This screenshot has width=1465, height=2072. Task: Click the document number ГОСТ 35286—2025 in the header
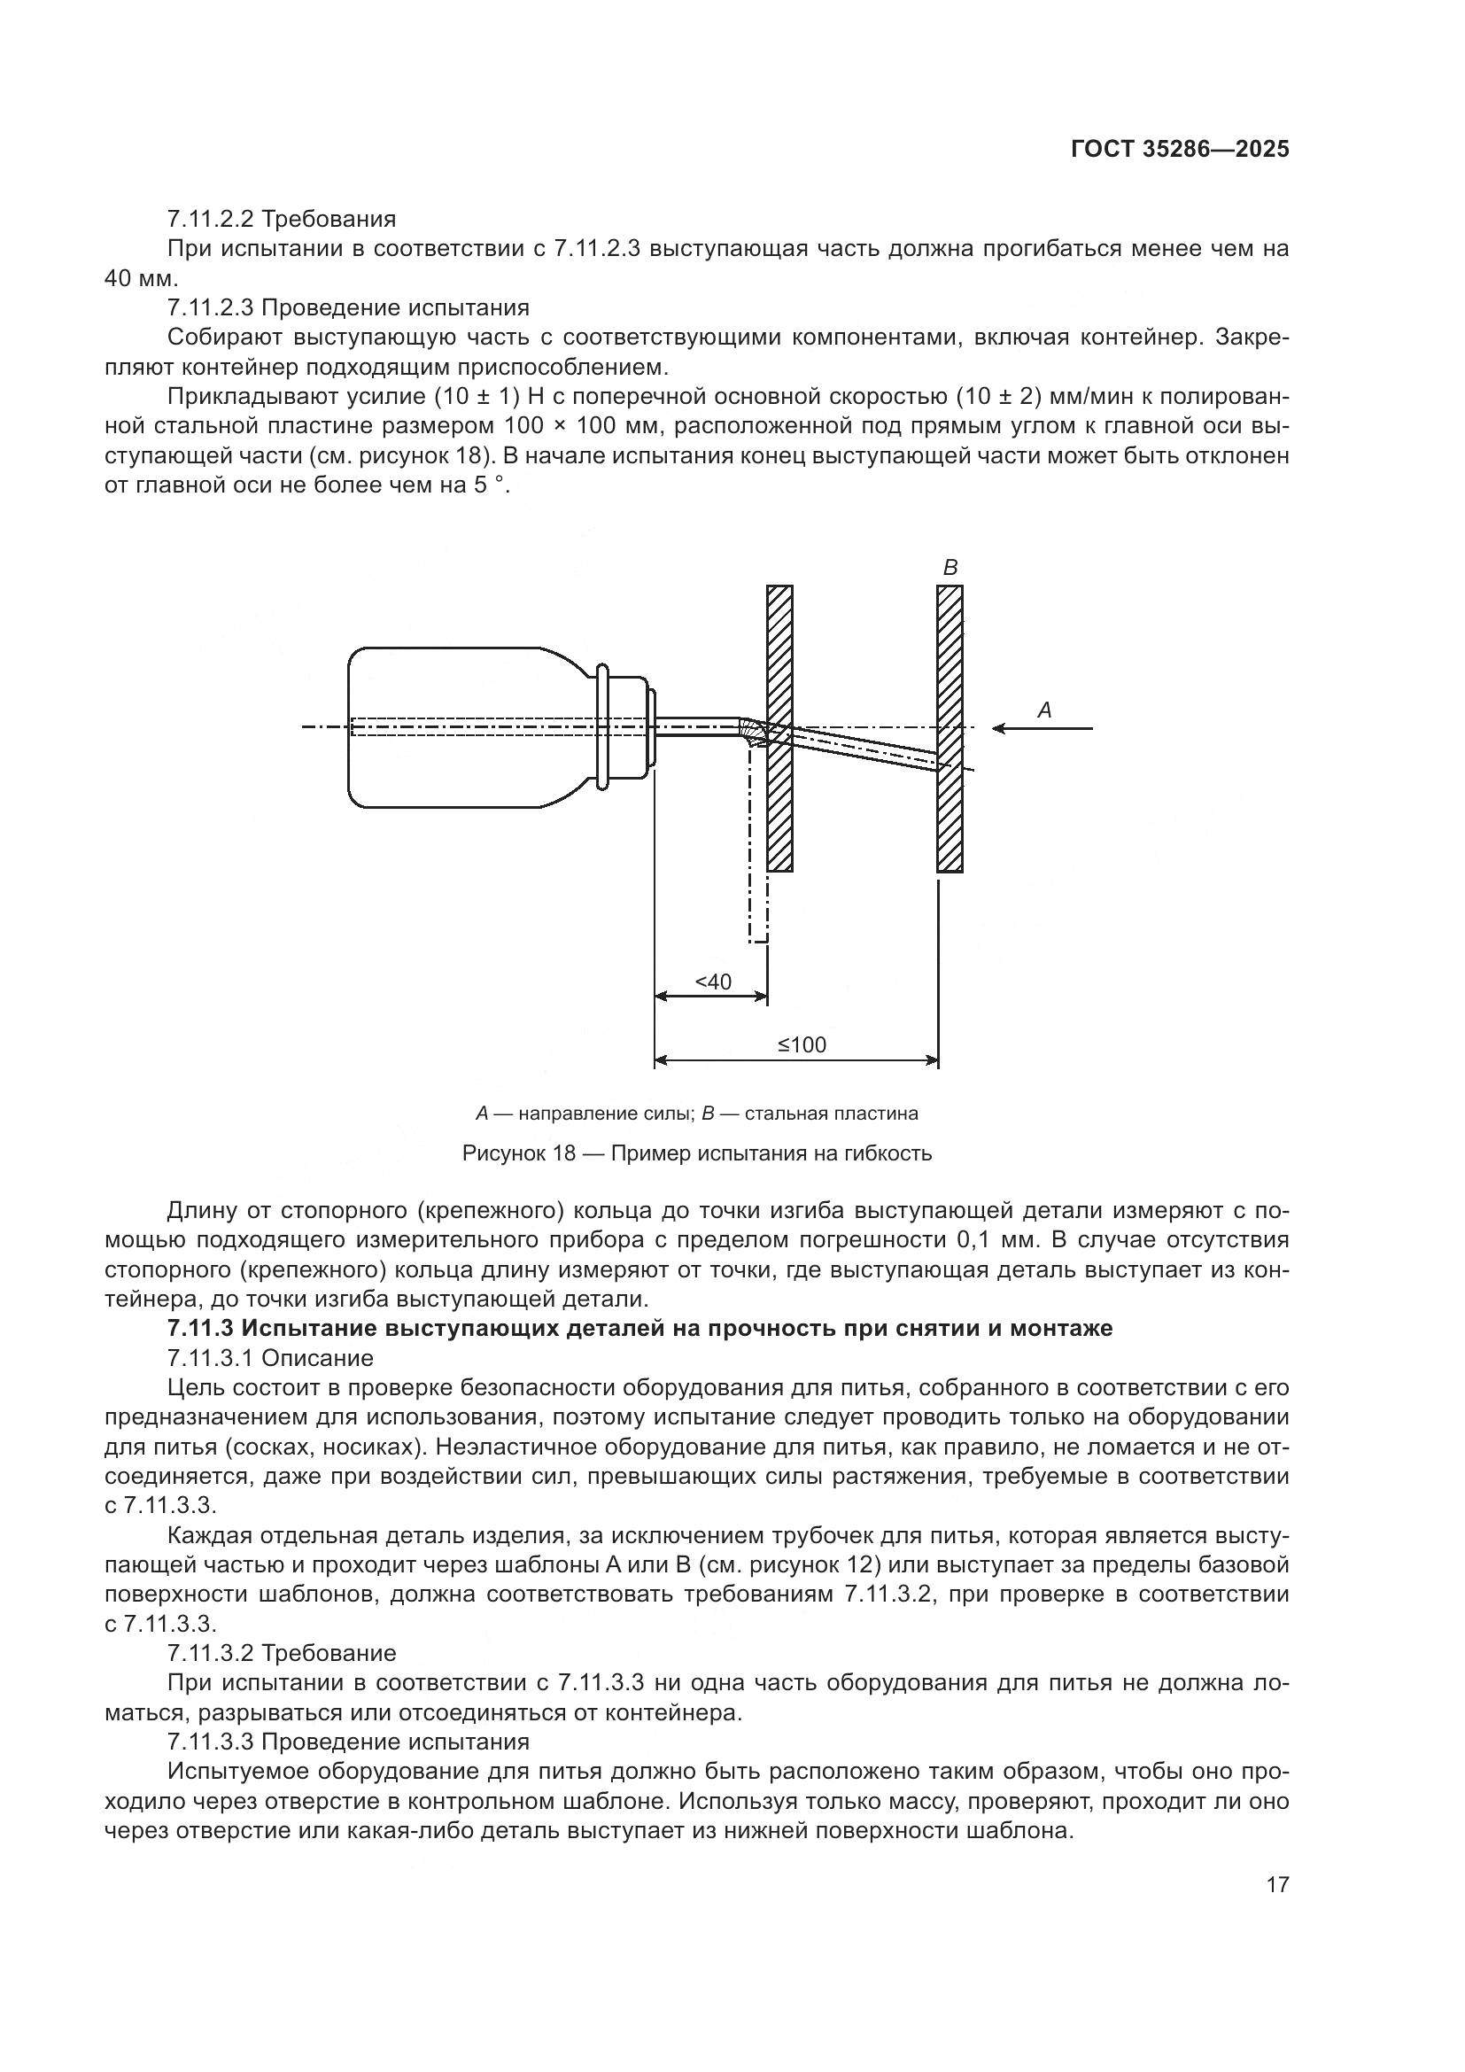[x=1179, y=150]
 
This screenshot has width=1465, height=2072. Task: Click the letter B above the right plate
[x=950, y=568]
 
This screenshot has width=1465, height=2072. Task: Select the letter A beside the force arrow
[x=1044, y=710]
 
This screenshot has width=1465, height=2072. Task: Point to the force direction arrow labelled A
[x=1042, y=728]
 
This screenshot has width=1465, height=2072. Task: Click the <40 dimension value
[x=713, y=982]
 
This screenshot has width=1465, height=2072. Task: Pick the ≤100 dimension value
[x=802, y=1045]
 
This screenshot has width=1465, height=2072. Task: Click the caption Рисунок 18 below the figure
[x=519, y=1153]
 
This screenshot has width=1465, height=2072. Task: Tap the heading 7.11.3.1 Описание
[x=270, y=1358]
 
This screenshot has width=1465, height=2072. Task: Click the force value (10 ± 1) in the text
[x=479, y=396]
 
